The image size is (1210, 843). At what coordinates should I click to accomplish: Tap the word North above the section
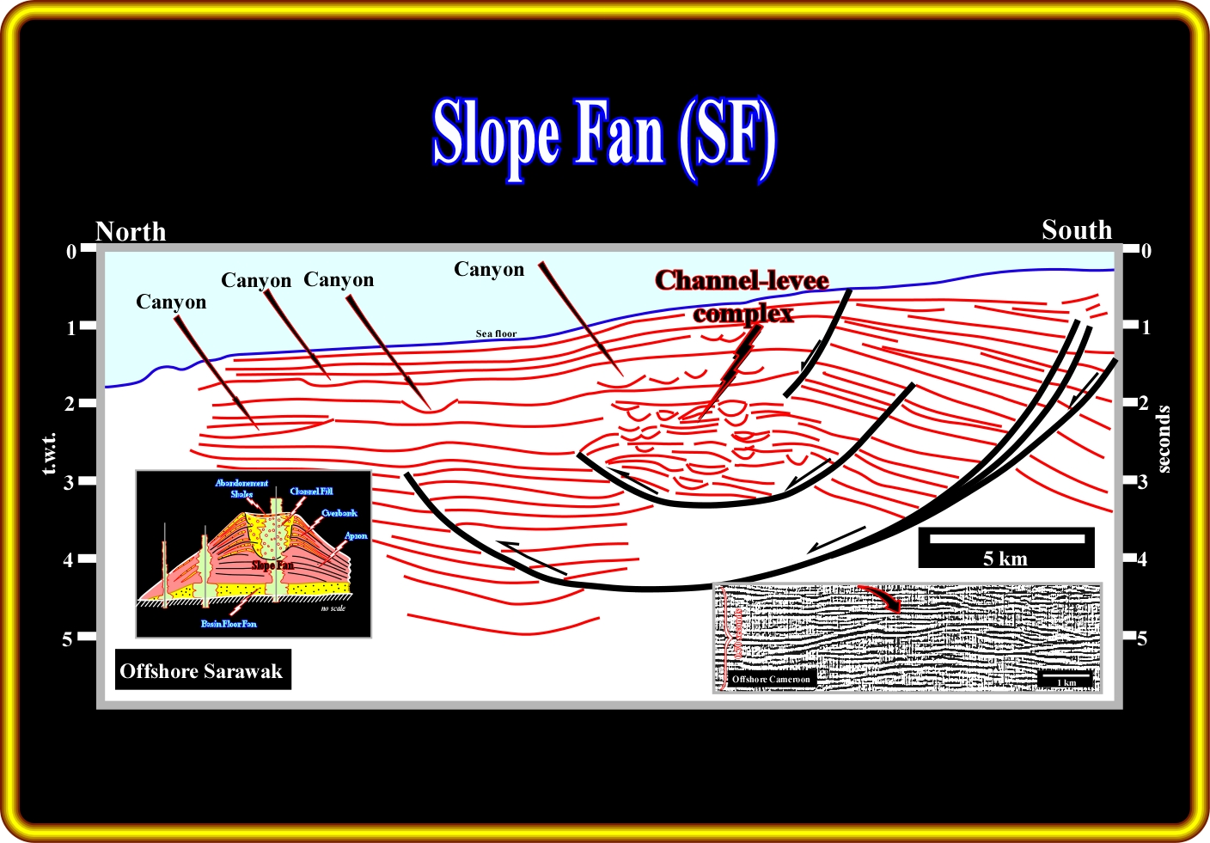pyautogui.click(x=131, y=231)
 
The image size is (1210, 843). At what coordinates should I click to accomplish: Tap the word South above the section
pyautogui.click(x=1077, y=230)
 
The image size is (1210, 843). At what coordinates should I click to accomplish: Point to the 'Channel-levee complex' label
pyautogui.click(x=742, y=296)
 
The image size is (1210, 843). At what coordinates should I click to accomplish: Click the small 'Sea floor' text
pyautogui.click(x=497, y=333)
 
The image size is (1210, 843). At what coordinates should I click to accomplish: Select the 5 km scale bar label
pyautogui.click(x=1005, y=559)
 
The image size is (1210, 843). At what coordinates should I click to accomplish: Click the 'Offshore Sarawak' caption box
pyautogui.click(x=201, y=671)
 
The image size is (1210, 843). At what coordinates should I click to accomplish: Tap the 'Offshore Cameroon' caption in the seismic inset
pyautogui.click(x=771, y=679)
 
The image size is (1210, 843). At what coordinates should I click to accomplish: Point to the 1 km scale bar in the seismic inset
pyautogui.click(x=1066, y=680)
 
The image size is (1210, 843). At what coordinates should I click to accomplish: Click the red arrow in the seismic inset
pyautogui.click(x=882, y=598)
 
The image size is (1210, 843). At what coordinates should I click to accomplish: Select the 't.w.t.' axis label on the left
pyautogui.click(x=49, y=453)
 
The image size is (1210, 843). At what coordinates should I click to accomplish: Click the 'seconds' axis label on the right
pyautogui.click(x=1164, y=439)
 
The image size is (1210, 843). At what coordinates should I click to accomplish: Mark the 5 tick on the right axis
pyautogui.click(x=1141, y=638)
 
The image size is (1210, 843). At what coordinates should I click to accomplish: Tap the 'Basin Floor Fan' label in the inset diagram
pyautogui.click(x=229, y=624)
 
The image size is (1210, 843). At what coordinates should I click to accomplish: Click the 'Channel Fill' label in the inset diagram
pyautogui.click(x=311, y=492)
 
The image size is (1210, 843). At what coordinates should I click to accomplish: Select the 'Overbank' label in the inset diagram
pyautogui.click(x=339, y=513)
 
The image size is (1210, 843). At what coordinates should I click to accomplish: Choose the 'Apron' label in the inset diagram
pyautogui.click(x=356, y=535)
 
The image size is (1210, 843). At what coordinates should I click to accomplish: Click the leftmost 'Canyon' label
pyautogui.click(x=171, y=302)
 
